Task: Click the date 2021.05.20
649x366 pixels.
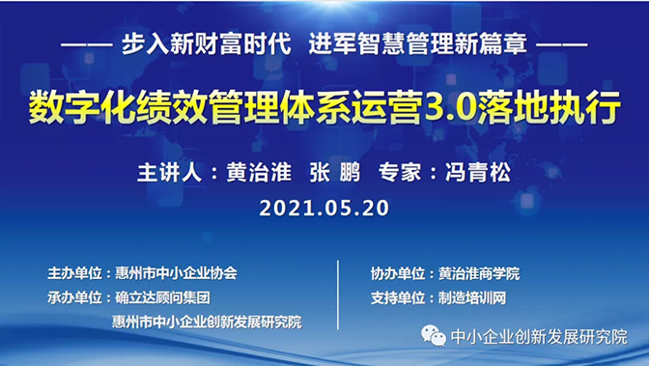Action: pyautogui.click(x=324, y=207)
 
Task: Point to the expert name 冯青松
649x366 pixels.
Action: pyautogui.click(x=476, y=173)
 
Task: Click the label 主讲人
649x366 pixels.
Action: pyautogui.click(x=171, y=173)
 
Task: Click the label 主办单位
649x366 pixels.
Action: pyautogui.click(x=71, y=272)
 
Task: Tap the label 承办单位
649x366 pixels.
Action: pyautogui.click(x=71, y=296)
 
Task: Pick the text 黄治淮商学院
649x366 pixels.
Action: pyautogui.click(x=478, y=272)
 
